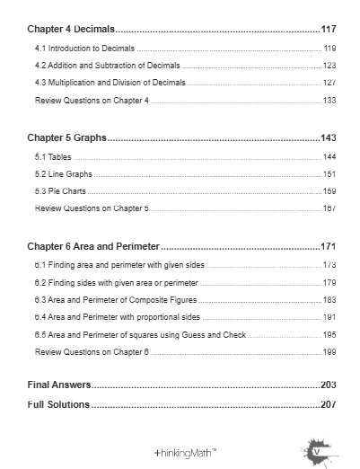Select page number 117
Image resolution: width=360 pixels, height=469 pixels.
[329, 30]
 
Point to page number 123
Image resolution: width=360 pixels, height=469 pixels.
[329, 66]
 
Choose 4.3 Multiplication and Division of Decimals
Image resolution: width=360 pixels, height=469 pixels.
[110, 83]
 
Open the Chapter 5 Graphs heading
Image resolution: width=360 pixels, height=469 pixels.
[67, 138]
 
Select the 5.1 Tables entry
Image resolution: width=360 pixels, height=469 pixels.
[53, 156]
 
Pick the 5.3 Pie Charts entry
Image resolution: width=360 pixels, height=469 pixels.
[61, 191]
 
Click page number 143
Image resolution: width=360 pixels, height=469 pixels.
[329, 138]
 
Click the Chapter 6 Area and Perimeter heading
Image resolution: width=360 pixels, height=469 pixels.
[93, 246]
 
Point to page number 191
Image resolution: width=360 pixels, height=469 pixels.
[329, 317]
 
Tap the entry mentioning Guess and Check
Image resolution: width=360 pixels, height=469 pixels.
[140, 334]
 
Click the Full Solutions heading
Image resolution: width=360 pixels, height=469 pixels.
[58, 404]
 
